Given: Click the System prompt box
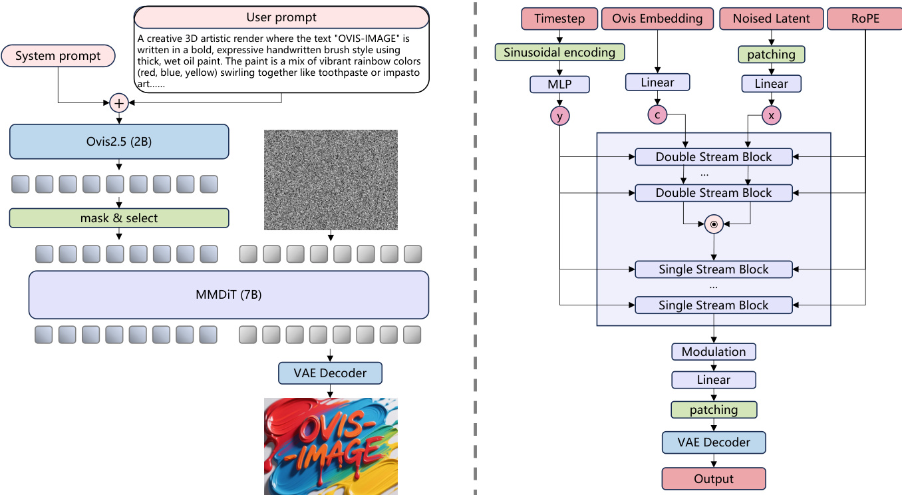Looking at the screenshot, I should pos(58,56).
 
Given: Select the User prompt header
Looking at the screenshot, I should pos(281,17).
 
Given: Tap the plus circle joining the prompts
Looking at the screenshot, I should pos(119,102).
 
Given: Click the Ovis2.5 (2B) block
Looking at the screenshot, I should pos(119,141).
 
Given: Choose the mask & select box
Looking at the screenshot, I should pos(119,218).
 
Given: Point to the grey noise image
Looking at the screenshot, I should pos(331,180).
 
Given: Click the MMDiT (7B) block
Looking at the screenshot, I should pos(228,295).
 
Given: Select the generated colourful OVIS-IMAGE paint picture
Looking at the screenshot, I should pos(331,446).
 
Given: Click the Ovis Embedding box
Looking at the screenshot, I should pos(657,19).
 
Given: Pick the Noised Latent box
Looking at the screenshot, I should pos(772,19).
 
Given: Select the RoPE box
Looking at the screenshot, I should pos(864,19).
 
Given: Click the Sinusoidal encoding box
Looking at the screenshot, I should pos(559,52).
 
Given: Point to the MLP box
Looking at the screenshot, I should pos(559,84).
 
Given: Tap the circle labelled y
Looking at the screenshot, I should pos(559,116).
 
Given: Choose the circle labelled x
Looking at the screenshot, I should pos(772,116).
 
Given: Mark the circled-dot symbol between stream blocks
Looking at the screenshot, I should pos(714,224).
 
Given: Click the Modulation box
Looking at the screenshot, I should pos(714,351).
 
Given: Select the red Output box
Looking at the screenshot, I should pos(714,478).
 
